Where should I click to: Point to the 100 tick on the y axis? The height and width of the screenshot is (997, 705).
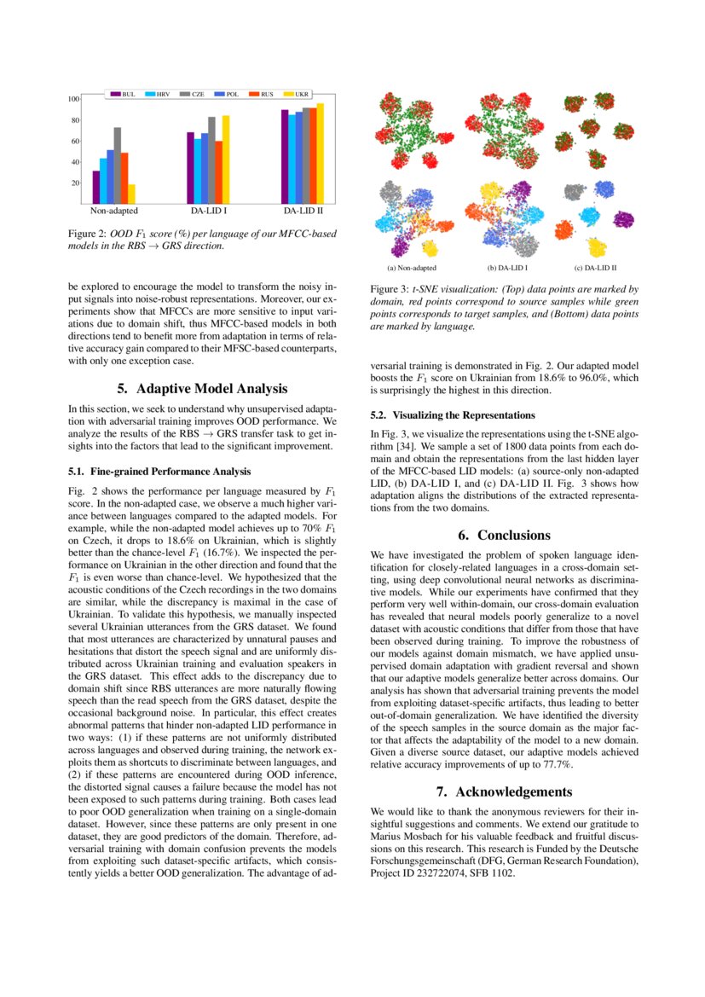[74, 100]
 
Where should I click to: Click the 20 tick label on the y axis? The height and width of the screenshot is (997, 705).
[76, 183]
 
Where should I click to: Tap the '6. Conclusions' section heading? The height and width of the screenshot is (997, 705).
[504, 535]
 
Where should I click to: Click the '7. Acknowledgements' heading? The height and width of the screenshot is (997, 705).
[504, 791]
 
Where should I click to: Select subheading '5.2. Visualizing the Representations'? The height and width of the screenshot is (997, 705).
[453, 415]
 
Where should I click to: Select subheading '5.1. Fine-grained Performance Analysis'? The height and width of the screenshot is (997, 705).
[159, 470]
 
